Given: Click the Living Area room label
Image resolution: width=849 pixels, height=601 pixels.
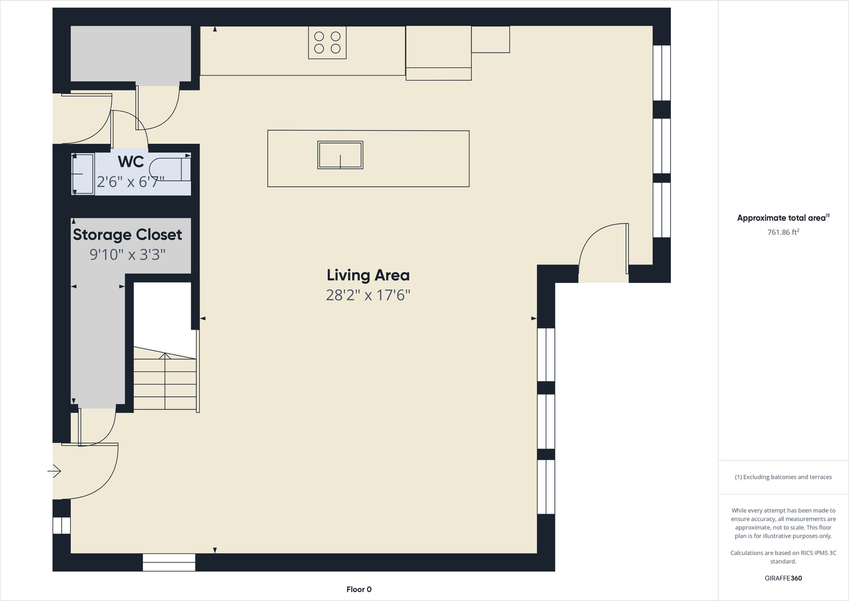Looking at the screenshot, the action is pos(368,276).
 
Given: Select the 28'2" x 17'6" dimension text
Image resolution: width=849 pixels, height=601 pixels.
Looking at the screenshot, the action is pos(368,295).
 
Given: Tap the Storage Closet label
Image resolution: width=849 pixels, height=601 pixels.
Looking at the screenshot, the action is pos(127,235).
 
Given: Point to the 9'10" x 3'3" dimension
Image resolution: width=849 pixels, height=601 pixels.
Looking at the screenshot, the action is pos(127,255).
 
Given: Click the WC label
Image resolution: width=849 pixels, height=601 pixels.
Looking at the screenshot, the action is pos(131,161).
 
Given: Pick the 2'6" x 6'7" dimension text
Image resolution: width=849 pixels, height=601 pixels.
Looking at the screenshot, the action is pos(131,182).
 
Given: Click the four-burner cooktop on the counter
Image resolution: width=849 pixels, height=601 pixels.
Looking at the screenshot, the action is pos(327,43).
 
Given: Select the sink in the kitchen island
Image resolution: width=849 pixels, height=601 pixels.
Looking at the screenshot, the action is pos(340,155).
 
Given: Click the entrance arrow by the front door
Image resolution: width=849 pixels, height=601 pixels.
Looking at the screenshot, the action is pos(54,471).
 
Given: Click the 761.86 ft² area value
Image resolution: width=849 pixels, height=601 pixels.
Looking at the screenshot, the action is pos(783,232).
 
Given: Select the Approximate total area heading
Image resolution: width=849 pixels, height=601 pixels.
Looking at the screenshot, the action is pos(783,218).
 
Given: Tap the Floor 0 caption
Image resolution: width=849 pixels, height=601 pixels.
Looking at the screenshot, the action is pos(359,589).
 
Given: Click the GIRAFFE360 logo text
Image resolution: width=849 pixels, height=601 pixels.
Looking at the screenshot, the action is pos(783,578).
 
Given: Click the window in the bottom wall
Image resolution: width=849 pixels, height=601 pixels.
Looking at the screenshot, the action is pos(169,562).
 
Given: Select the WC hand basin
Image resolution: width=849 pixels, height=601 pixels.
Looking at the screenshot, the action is pos(82,174).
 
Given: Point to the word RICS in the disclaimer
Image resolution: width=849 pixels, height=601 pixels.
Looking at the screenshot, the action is pos(811,553).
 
